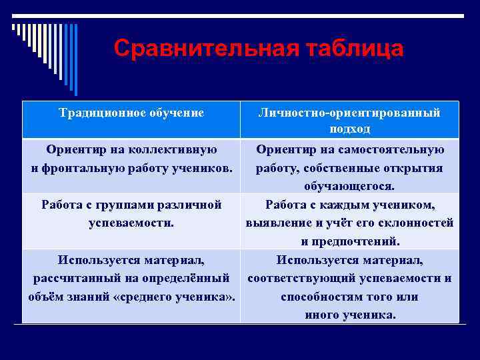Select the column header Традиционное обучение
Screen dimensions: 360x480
click(131, 113)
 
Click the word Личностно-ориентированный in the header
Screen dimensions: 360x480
click(349, 113)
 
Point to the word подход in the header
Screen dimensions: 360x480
click(349, 129)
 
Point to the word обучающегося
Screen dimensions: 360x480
click(349, 186)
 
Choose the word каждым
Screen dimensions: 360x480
click(347, 205)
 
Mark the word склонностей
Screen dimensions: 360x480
click(417, 223)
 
